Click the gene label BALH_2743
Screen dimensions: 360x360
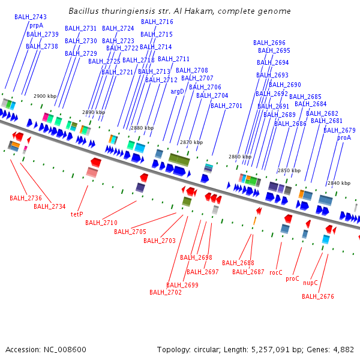point(31,17)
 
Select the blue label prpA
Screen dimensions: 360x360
point(36,26)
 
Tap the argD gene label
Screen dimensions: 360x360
point(178,91)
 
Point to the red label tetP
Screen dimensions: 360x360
point(77,214)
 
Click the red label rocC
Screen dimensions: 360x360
point(275,272)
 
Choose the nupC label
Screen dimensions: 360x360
point(310,282)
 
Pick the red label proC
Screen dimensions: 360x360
point(292,278)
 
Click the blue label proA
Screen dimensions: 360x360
point(344,137)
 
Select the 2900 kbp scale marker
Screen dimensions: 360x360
point(45,96)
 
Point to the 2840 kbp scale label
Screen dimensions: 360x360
point(338,183)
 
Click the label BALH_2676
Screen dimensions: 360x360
point(318,296)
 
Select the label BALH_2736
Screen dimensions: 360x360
point(26,197)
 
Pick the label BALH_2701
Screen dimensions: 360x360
point(226,106)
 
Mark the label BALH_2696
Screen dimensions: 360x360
point(269,43)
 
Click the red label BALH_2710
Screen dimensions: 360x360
point(101,223)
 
